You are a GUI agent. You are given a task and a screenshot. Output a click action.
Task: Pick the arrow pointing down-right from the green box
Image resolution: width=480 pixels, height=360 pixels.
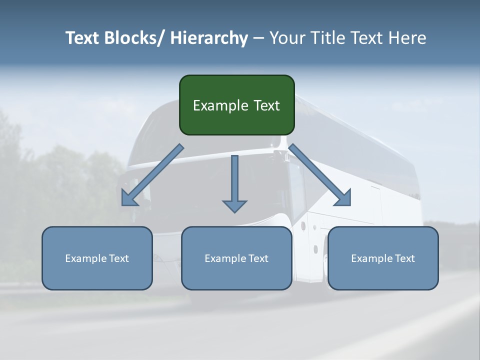click(x=320, y=175)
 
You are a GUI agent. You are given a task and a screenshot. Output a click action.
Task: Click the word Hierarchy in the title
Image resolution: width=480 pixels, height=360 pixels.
click(x=208, y=38)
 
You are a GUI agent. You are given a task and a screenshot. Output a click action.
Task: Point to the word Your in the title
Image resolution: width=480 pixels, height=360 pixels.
click(x=287, y=38)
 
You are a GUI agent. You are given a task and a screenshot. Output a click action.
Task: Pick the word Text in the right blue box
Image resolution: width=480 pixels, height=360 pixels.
click(x=404, y=258)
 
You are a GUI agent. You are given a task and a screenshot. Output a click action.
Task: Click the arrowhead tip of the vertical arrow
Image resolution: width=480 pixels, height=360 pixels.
click(x=234, y=211)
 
